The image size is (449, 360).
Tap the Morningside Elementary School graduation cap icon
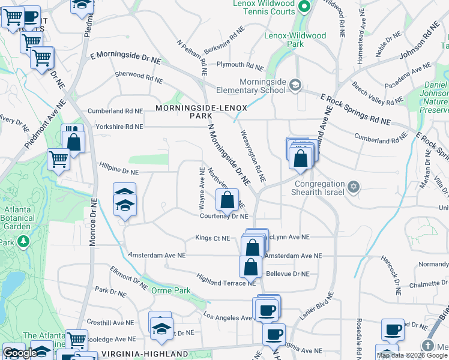pos(294,85)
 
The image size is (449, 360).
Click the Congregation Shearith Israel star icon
pos(354,188)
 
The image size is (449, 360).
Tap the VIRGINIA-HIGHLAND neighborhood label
pos(144,354)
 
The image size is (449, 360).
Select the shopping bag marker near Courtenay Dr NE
pos(227,200)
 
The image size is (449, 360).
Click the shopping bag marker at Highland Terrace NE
pos(250,267)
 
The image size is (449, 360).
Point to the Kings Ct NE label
pos(212,238)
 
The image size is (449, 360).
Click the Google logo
pos(20,353)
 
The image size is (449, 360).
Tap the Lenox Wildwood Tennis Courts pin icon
pos(304,7)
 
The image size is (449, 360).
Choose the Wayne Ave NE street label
pos(202,188)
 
